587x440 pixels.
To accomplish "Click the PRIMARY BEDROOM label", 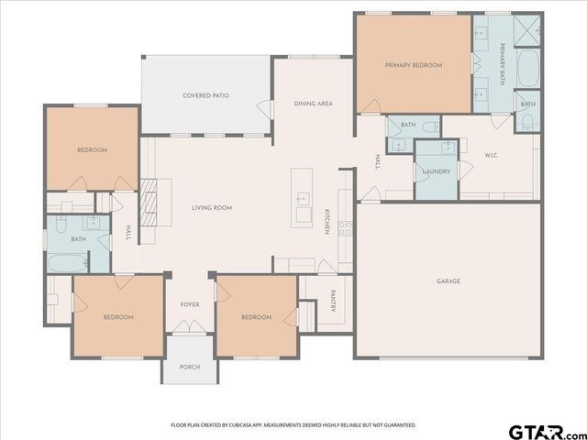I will click(414, 66).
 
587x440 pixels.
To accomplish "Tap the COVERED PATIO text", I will click(205, 95).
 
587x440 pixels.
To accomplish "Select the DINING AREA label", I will click(313, 104).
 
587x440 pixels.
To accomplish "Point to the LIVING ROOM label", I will click(211, 208).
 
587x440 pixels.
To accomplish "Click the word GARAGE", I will click(449, 281).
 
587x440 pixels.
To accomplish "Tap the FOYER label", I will click(189, 305).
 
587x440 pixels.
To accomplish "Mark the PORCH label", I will click(189, 367).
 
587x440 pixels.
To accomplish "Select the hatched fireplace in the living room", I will click(150, 202).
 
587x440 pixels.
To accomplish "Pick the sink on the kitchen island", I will click(302, 200).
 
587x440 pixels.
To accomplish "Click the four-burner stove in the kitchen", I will click(345, 228).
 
